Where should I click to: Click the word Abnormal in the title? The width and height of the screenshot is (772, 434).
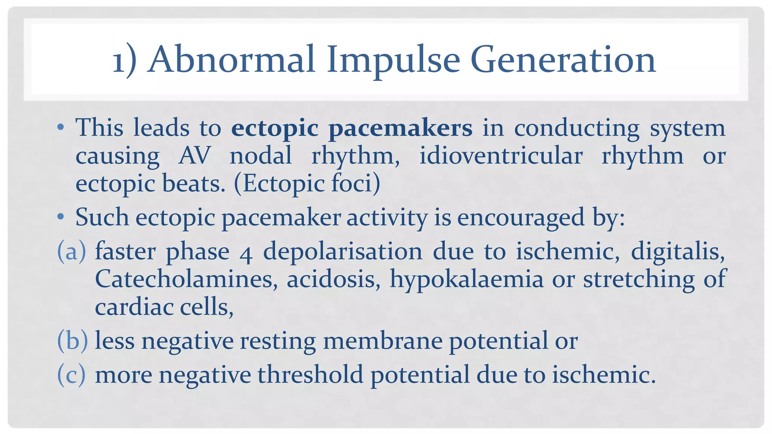[x=231, y=60]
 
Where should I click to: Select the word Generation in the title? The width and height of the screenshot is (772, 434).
[x=563, y=60]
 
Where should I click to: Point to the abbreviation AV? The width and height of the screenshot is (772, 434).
[x=194, y=156]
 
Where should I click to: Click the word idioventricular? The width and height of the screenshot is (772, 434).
[x=501, y=156]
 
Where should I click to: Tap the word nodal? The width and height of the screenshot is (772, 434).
[x=261, y=156]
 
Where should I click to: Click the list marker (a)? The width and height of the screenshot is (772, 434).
[x=71, y=252]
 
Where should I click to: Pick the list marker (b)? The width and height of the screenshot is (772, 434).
[x=72, y=341]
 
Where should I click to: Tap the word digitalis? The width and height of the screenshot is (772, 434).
[x=678, y=251]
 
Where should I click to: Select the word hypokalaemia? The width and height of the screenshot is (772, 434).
[x=466, y=280]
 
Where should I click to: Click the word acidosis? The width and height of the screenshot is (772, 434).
[x=333, y=279]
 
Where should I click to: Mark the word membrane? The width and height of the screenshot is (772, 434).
[x=383, y=341]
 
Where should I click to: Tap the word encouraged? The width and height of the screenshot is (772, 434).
[x=521, y=218]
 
